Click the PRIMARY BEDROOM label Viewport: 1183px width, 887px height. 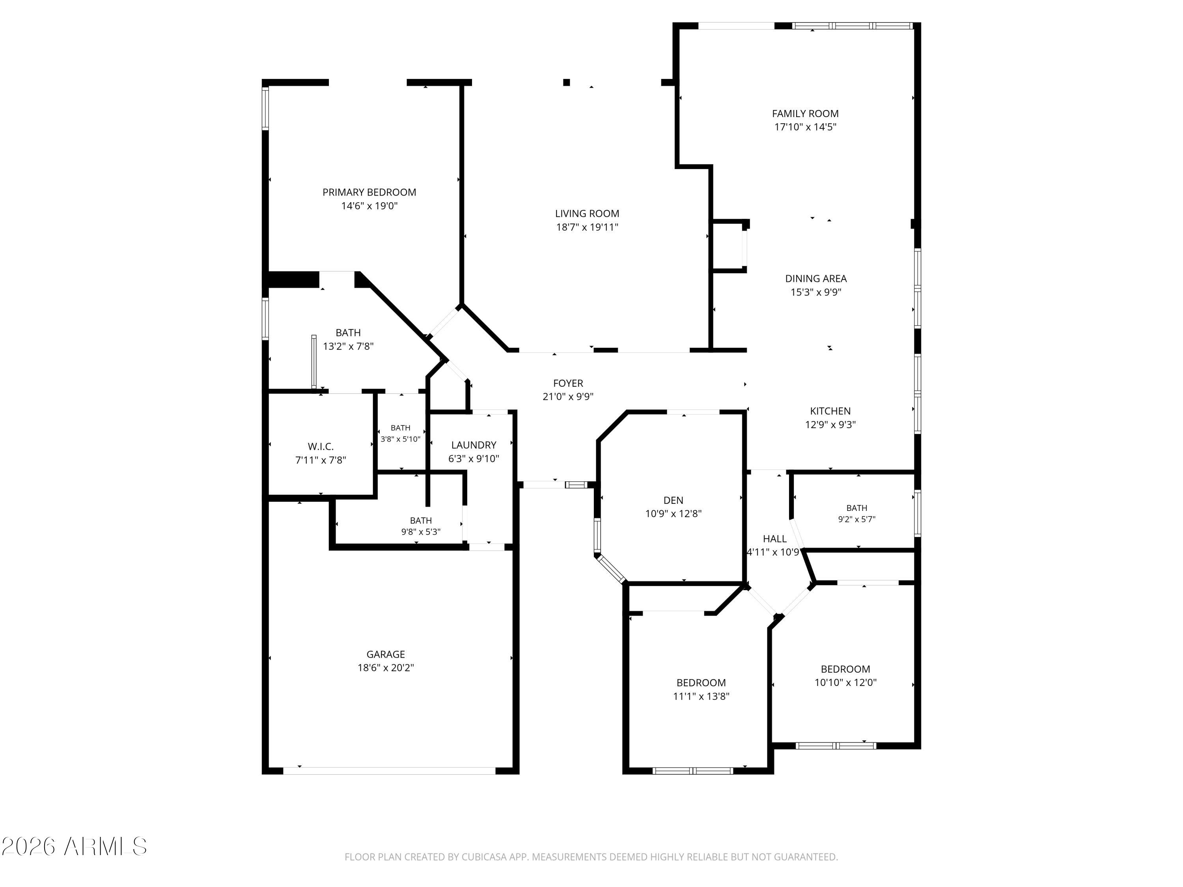click(369, 192)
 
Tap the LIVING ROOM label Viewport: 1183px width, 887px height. click(587, 214)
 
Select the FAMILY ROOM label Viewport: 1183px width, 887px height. click(805, 114)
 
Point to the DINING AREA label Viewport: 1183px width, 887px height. click(815, 279)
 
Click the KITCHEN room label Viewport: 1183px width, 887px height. click(830, 411)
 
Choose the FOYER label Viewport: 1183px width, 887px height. click(568, 383)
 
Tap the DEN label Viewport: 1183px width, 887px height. click(674, 500)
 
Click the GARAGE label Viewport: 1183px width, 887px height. click(386, 654)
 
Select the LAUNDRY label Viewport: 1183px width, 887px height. click(473, 445)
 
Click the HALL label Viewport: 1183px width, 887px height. click(774, 539)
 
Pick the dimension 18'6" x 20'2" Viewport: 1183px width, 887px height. click(386, 668)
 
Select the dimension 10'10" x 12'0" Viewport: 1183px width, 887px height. click(845, 682)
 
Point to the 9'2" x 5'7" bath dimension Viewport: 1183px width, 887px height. click(856, 519)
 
